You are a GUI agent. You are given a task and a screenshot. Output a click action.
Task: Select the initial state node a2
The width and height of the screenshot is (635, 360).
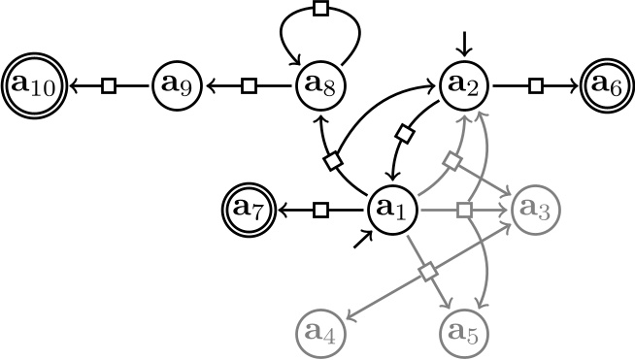point(465,86)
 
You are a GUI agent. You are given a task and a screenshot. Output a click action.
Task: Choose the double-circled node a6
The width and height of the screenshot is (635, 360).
point(605,86)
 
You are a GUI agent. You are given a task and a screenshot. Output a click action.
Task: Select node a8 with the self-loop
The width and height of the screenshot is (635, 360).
point(320,86)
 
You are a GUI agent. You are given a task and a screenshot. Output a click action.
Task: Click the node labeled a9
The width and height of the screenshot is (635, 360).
point(178,86)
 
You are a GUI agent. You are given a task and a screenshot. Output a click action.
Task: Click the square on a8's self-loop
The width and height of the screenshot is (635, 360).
point(320,10)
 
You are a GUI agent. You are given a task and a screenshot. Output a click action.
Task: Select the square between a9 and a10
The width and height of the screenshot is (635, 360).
point(109,86)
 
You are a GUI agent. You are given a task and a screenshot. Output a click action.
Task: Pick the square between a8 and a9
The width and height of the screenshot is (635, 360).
point(250,86)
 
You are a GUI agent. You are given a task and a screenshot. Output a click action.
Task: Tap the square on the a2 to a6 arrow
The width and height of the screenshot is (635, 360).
point(535,86)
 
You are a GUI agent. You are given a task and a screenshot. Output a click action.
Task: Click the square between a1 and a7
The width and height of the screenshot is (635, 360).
point(321,209)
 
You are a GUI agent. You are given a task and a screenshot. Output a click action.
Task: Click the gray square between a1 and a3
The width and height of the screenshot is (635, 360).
point(464,209)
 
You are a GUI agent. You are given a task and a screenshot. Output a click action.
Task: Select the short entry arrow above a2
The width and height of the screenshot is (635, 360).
point(465,43)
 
